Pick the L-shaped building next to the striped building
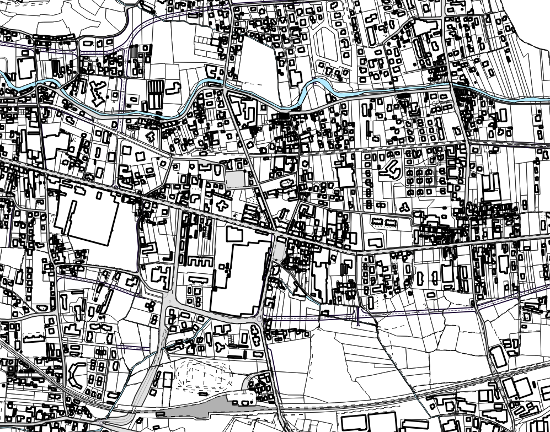[x=173, y=88]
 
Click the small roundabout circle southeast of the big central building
[x=259, y=319]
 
